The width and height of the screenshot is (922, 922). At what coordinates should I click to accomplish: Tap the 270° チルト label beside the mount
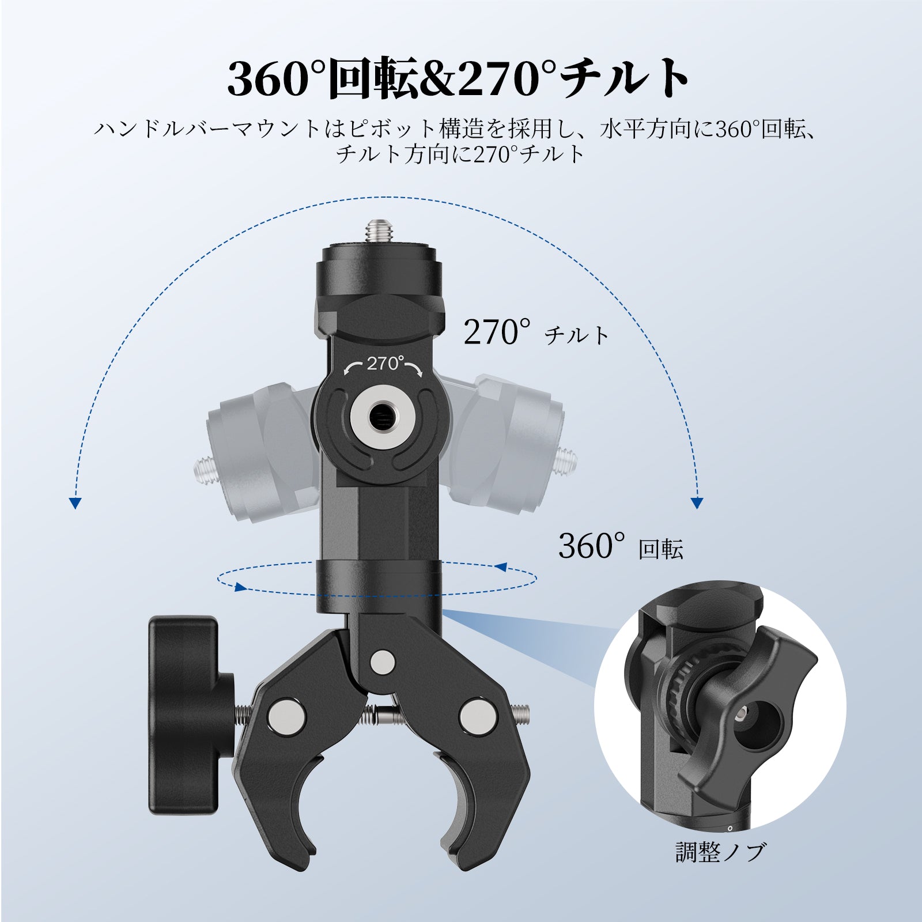(x=536, y=332)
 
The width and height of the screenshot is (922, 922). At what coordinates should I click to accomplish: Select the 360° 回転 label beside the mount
(x=620, y=546)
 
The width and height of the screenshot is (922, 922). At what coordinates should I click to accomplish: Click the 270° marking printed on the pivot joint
(x=383, y=364)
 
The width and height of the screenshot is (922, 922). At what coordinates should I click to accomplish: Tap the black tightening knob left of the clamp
(x=187, y=715)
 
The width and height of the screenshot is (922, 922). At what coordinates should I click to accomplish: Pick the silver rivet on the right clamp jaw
(x=474, y=715)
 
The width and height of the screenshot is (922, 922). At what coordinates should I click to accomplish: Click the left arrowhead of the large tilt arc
(x=74, y=502)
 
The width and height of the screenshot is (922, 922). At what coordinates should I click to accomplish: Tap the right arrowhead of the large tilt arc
(x=697, y=502)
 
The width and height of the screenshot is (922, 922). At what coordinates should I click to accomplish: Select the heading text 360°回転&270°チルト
(x=458, y=78)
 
